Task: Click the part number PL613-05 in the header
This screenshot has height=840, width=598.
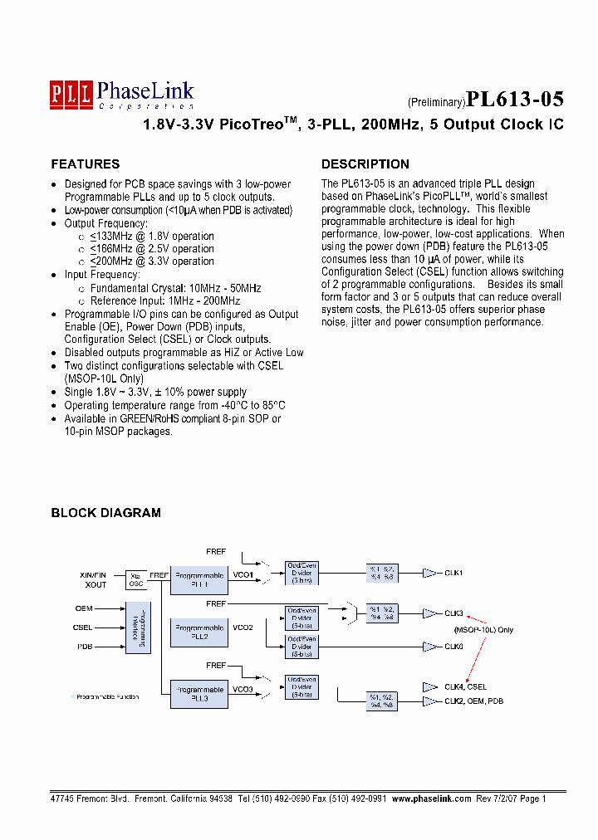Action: [x=515, y=100]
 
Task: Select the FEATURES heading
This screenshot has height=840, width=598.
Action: [x=85, y=164]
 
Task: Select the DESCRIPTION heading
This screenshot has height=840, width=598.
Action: [x=365, y=164]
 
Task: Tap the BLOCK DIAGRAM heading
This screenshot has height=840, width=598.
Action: [x=105, y=513]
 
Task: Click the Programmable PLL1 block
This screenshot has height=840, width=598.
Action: [x=199, y=579]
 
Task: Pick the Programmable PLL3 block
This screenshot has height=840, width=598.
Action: [x=199, y=694]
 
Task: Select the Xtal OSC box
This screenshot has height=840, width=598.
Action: [x=135, y=579]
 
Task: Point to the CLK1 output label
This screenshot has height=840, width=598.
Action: [x=453, y=573]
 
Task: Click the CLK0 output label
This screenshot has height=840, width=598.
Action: [x=453, y=647]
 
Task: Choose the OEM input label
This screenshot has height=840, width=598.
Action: [x=84, y=608]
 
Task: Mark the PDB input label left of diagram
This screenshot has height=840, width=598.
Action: [x=85, y=647]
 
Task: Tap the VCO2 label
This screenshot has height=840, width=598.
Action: [x=243, y=628]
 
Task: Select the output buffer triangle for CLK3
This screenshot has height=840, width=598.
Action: [x=429, y=614]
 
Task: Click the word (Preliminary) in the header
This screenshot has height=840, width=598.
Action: [x=435, y=103]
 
